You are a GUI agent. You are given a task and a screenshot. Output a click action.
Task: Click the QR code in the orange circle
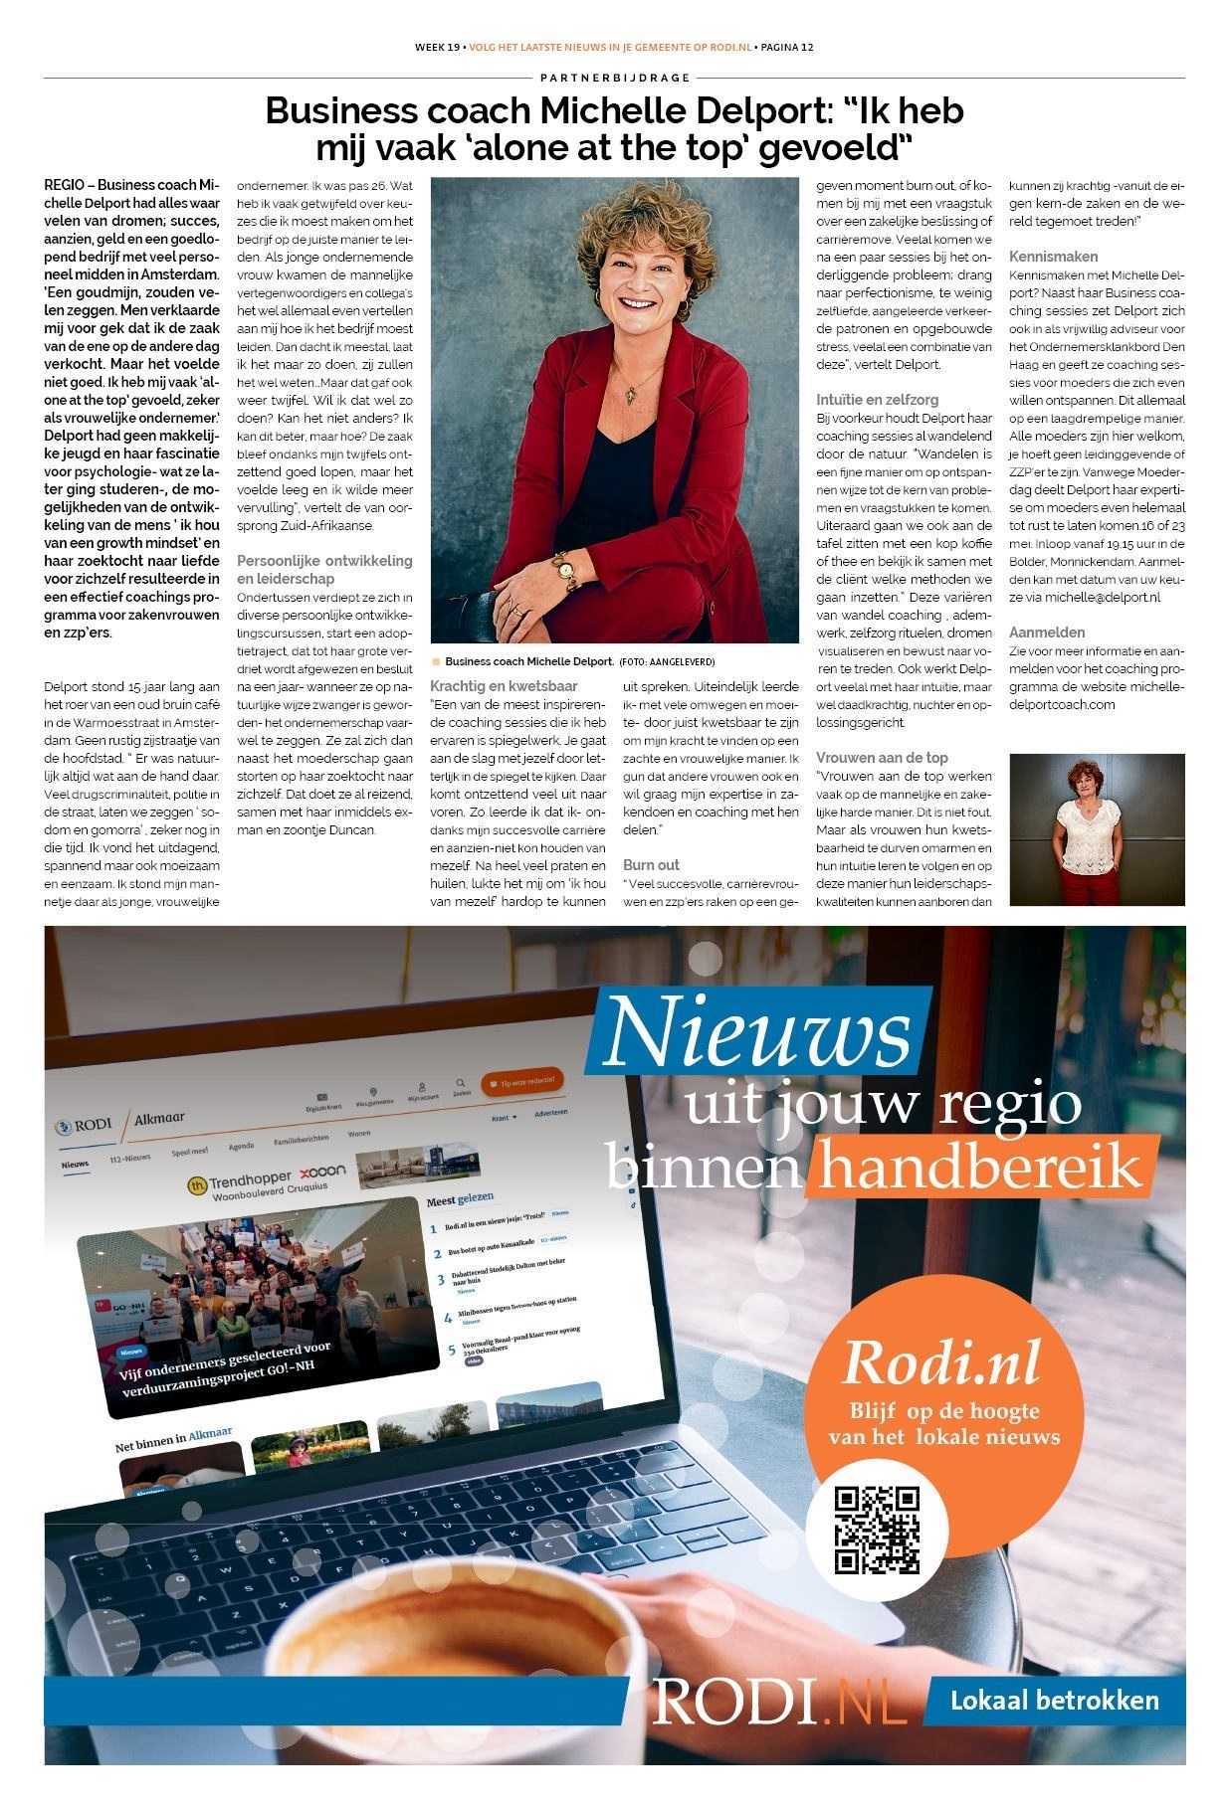pyautogui.click(x=876, y=1531)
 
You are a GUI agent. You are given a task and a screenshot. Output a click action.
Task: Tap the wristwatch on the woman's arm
pyautogui.click(x=564, y=570)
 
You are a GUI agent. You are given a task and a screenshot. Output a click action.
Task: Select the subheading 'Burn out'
pyautogui.click(x=651, y=865)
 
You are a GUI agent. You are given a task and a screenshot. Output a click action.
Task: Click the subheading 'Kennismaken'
pyautogui.click(x=1053, y=257)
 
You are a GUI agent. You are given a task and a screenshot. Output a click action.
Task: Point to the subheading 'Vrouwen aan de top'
pyautogui.click(x=882, y=758)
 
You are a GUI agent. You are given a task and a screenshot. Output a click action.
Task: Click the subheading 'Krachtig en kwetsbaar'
pyautogui.click(x=504, y=686)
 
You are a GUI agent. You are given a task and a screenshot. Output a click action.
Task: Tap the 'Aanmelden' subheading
pyautogui.click(x=1047, y=633)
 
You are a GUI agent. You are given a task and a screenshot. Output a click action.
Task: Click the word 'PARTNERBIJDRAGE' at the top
pyautogui.click(x=614, y=78)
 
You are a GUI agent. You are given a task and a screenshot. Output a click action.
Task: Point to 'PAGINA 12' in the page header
pyautogui.click(x=786, y=47)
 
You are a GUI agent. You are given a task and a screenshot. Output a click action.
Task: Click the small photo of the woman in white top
pyautogui.click(x=1097, y=829)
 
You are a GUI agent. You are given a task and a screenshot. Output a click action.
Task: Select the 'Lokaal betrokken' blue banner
pyautogui.click(x=1054, y=1700)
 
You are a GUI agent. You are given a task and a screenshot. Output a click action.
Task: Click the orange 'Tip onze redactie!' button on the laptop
pyautogui.click(x=522, y=1082)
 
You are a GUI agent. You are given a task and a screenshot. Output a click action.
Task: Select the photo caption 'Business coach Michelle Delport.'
pyautogui.click(x=528, y=661)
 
